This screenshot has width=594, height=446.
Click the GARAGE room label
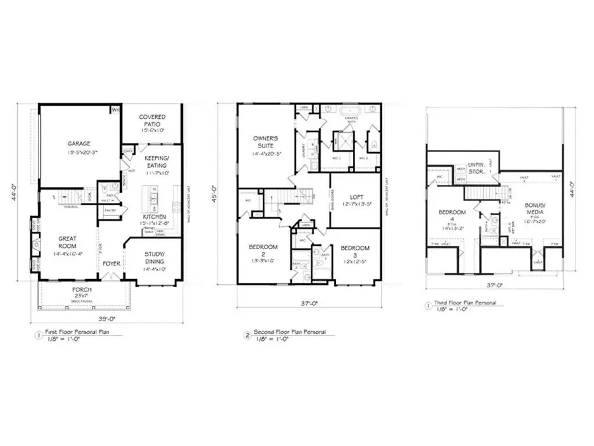pyautogui.click(x=79, y=143)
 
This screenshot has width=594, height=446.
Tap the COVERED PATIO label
pyautogui.click(x=152, y=121)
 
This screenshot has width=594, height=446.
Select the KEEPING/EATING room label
pyautogui.click(x=156, y=163)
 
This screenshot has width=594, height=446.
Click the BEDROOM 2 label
pyautogui.click(x=263, y=251)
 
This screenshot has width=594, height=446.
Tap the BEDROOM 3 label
pyautogui.click(x=355, y=251)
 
